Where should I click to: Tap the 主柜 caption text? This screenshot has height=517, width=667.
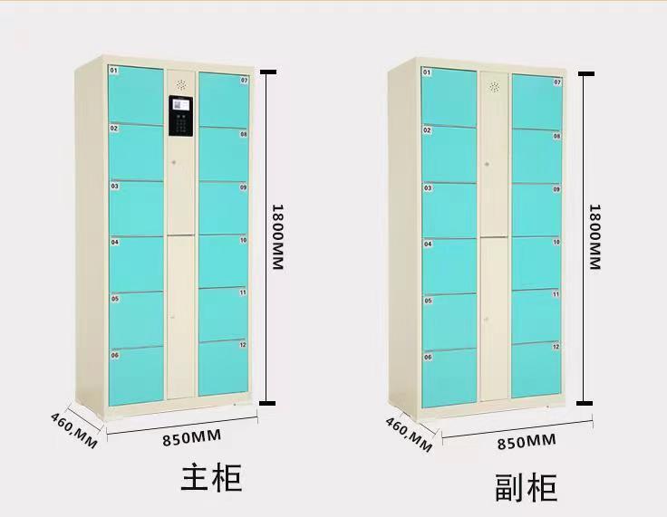tap(212, 477)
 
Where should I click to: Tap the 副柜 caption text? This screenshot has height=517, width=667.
tap(526, 487)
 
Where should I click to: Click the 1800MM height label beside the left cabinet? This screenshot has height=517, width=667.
tap(279, 235)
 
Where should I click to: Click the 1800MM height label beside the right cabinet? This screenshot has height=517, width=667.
tap(594, 235)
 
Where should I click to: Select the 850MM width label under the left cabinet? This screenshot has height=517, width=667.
tap(193, 438)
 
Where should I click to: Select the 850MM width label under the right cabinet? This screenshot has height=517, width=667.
tap(526, 441)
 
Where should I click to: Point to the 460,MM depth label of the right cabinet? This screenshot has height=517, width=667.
tap(408, 432)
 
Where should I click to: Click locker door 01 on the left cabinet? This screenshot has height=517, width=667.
tap(137, 94)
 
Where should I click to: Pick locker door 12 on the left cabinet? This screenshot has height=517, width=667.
tap(223, 368)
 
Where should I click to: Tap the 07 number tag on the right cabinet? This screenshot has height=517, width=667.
tap(557, 82)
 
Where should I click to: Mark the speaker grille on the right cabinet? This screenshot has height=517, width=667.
tap(495, 87)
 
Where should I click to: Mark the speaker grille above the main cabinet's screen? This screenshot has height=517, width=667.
tap(181, 84)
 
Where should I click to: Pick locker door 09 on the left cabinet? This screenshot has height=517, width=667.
tap(223, 208)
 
